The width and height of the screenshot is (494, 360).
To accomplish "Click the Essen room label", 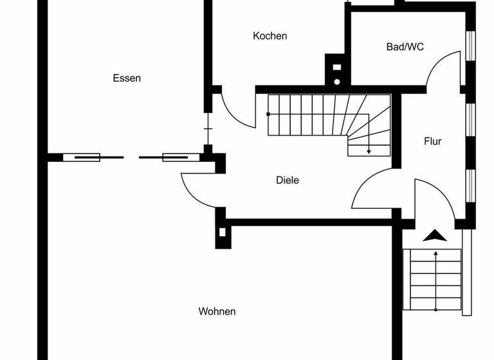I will tap(127, 78).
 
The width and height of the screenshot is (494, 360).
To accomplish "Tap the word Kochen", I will tap(270, 36).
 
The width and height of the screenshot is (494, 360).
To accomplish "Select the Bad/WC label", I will tap(405, 46).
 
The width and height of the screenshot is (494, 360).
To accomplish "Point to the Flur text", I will tap(432, 141).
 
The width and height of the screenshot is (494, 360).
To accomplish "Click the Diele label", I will tap(287, 181).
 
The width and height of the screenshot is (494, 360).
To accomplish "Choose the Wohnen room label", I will tap(217, 312).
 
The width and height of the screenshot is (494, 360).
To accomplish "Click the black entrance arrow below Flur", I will tap(435, 235).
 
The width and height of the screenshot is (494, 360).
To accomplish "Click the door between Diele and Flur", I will tap(373, 190).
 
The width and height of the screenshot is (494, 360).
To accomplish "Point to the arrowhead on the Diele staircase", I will tap(369, 151).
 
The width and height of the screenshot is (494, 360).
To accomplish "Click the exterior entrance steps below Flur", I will tap(435, 280).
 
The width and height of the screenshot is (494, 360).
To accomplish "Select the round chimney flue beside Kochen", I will tap(336, 82).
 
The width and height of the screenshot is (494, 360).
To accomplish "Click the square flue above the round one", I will tap(336, 66).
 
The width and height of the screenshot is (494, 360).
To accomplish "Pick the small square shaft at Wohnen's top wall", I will tap(223, 233).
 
